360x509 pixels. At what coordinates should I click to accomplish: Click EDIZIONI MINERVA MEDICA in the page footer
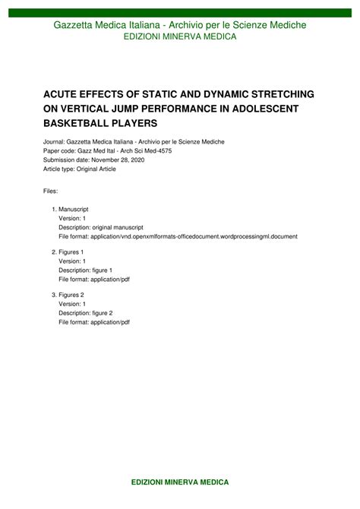point(180,482)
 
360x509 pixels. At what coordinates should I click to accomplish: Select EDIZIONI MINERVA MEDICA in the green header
point(180,36)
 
